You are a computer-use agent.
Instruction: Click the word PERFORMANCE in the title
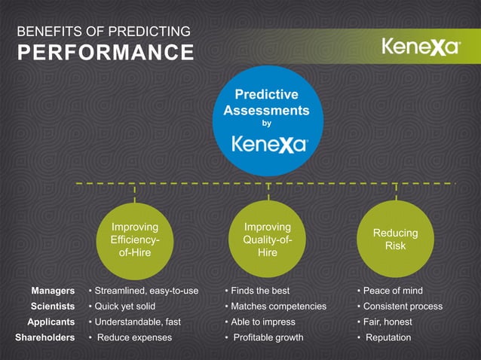tap(105, 53)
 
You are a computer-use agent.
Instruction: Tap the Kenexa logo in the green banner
tap(421, 47)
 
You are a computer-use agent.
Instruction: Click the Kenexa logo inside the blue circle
tap(268, 144)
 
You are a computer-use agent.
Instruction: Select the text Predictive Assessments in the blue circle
tap(266, 102)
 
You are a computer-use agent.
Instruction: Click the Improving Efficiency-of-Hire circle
tap(134, 239)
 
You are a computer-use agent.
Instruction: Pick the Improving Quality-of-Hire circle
tap(267, 239)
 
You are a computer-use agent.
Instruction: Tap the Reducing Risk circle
tap(395, 239)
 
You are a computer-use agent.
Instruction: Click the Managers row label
tap(53, 291)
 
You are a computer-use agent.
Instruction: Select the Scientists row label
tap(52, 307)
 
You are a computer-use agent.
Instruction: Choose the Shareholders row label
tap(45, 337)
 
